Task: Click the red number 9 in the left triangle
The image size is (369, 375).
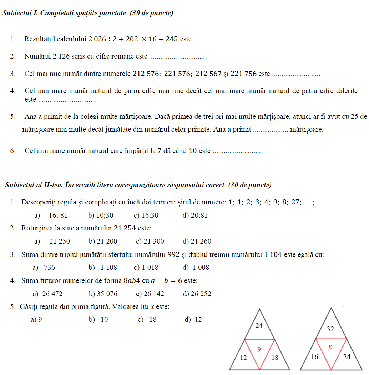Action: click(259, 350)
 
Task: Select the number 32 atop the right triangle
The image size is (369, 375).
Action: click(330, 329)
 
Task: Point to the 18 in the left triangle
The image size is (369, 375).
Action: click(274, 357)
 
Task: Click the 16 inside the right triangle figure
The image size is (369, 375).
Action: click(314, 357)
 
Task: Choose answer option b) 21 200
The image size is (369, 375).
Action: click(103, 242)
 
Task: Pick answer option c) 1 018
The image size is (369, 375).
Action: click(146, 268)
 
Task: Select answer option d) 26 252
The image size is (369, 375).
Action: click(197, 294)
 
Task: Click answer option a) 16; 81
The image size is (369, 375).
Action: click(51, 215)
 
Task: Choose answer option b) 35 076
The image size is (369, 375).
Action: click(103, 294)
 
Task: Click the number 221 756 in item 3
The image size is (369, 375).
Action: click(244, 74)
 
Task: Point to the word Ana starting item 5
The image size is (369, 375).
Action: click(30, 117)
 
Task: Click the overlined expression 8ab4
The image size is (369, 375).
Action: click(132, 280)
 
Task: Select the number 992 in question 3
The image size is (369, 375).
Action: click(171, 255)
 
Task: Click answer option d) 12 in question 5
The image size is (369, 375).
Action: click(193, 320)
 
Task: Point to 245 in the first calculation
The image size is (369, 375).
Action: click(171, 39)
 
